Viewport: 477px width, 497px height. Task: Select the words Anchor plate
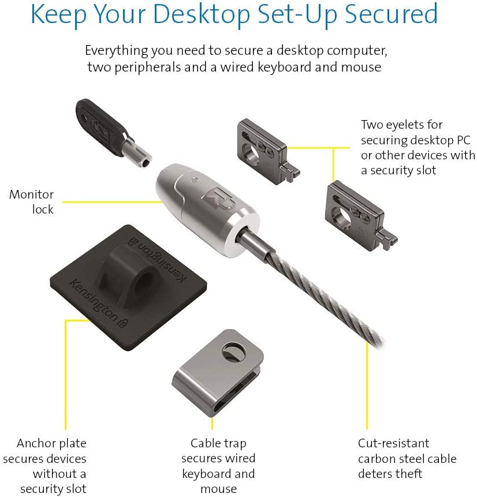click(x=51, y=444)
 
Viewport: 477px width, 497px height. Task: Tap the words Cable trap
click(x=218, y=444)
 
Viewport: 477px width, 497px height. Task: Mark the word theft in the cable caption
click(x=407, y=474)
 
